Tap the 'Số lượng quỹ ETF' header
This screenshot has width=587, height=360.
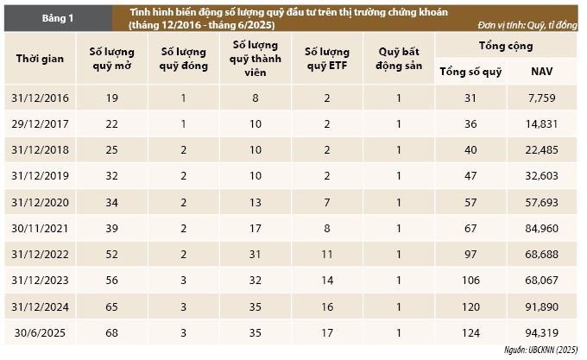click(327, 59)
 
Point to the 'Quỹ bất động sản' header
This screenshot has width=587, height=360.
click(399, 59)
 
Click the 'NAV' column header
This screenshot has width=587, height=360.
click(542, 70)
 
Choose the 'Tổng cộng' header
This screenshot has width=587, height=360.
click(506, 43)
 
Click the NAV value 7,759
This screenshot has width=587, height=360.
click(542, 98)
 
